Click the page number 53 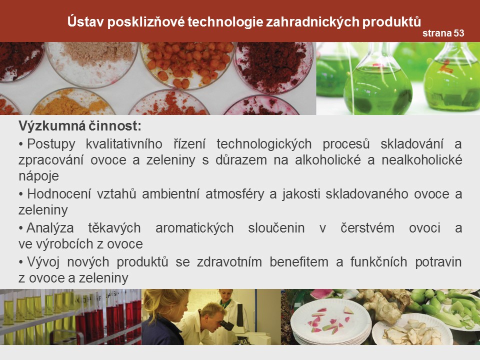click(x=459, y=33)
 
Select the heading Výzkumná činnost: click(x=80, y=126)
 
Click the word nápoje click(x=38, y=176)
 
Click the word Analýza click(x=50, y=228)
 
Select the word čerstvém click(x=367, y=228)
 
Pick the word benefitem click(x=299, y=262)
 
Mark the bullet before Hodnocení click(x=21, y=194)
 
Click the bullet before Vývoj click(x=21, y=262)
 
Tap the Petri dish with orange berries click(x=187, y=64)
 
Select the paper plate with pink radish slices click(x=330, y=321)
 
